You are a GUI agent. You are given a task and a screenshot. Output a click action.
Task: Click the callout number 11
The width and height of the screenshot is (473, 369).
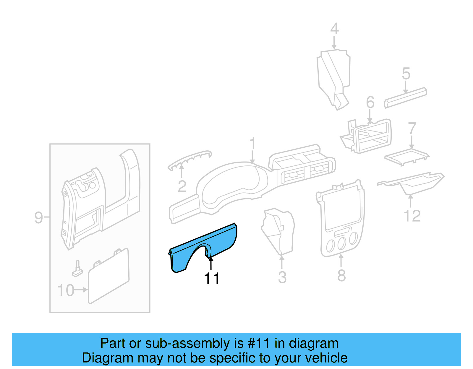[212, 279]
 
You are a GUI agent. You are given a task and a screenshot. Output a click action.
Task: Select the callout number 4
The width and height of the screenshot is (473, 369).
[334, 29]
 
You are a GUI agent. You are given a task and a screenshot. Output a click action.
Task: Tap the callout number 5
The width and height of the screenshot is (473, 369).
[406, 74]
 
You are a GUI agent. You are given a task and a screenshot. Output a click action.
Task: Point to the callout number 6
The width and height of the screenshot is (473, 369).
[370, 103]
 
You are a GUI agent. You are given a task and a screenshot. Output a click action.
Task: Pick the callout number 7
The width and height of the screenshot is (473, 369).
[412, 129]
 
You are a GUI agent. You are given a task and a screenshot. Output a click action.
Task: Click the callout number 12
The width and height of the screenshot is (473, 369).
[412, 216]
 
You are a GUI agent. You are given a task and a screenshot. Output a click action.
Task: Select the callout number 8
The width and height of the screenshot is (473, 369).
[341, 276]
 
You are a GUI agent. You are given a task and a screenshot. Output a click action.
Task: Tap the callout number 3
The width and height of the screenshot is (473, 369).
[282, 277]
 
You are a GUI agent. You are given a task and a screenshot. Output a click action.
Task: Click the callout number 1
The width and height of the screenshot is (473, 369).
[252, 144]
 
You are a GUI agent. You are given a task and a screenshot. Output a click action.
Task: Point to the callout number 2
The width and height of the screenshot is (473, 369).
[182, 186]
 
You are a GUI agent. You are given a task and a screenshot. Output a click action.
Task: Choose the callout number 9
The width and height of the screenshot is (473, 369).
[39, 218]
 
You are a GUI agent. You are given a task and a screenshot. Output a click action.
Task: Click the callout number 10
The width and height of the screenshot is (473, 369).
[66, 290]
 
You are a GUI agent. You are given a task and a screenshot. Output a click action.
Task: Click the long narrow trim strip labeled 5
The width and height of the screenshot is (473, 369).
[406, 97]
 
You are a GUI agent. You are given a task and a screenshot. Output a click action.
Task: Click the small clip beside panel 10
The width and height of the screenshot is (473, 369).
[77, 269]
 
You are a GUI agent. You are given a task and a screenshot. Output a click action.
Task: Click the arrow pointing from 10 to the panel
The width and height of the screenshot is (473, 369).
[81, 290]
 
